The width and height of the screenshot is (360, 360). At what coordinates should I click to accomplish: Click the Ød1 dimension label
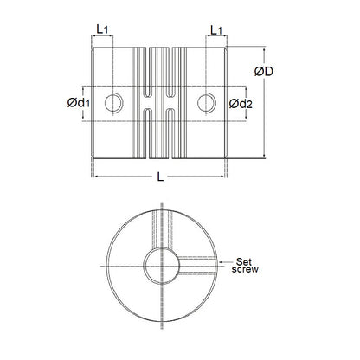(x=76, y=104)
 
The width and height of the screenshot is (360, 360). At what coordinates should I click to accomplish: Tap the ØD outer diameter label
(x=265, y=71)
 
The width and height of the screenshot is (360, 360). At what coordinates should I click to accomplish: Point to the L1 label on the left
(x=102, y=29)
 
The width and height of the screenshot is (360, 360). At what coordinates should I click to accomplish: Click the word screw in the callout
(x=235, y=270)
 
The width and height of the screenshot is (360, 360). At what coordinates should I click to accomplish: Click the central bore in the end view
(x=162, y=265)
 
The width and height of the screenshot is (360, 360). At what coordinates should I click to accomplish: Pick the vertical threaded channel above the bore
(x=162, y=229)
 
